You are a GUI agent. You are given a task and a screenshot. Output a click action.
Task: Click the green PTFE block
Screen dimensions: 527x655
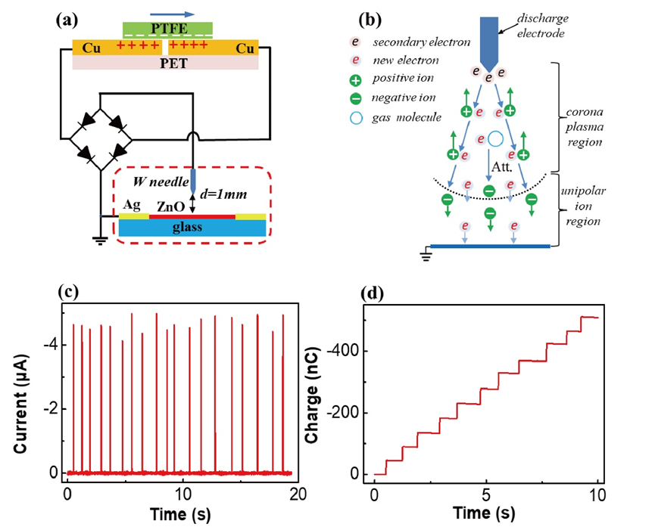point(168,29)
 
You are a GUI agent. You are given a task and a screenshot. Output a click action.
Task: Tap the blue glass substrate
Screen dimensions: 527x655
point(192,228)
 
